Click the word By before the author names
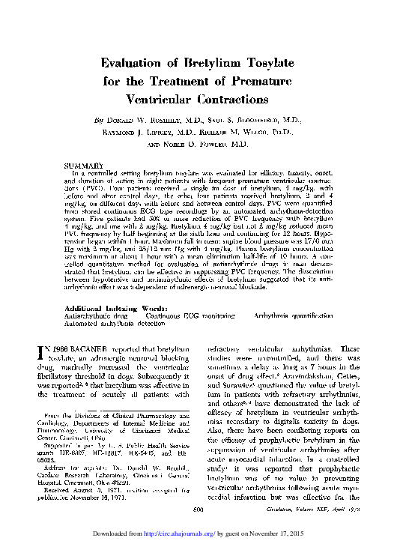99,120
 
